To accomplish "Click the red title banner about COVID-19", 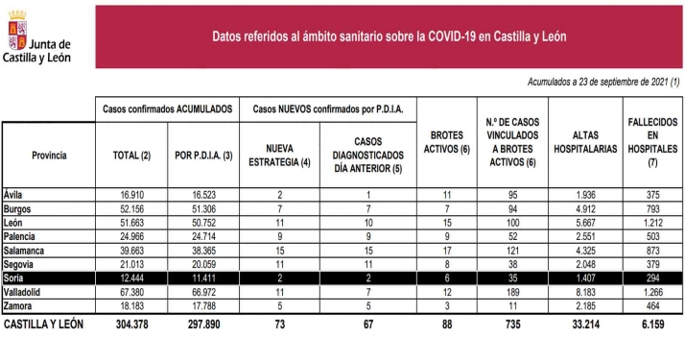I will coord(389,36).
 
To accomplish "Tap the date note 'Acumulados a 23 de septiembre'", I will coord(603,83).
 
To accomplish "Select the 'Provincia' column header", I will coord(49,154).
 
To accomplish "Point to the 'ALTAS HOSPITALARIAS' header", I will coord(584,149).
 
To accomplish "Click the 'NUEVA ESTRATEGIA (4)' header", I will coord(278,154).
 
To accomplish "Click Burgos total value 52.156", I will coord(130,207).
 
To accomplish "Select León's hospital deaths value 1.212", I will coord(651,221).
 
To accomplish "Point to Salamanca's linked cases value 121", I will coord(512,249).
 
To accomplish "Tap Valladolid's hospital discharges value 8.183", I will coord(583,291).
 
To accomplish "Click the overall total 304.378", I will coord(130,325).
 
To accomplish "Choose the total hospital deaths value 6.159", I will coord(651,325).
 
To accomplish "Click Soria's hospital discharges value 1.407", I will coord(583,277).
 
